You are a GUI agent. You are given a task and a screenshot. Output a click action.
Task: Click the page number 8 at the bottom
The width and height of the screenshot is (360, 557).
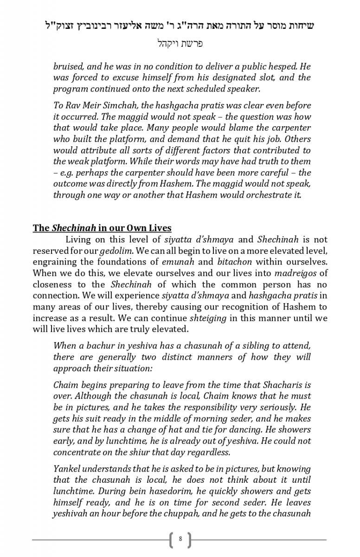point(180,539)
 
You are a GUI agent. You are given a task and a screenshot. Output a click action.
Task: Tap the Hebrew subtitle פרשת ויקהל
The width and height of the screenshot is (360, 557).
point(180,44)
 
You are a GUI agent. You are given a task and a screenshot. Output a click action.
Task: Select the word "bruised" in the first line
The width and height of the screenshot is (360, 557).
point(68,66)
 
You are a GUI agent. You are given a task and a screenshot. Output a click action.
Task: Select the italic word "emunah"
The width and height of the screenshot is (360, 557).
point(176,262)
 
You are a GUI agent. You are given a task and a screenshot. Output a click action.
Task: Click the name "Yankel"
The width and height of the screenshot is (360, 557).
point(67,469)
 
